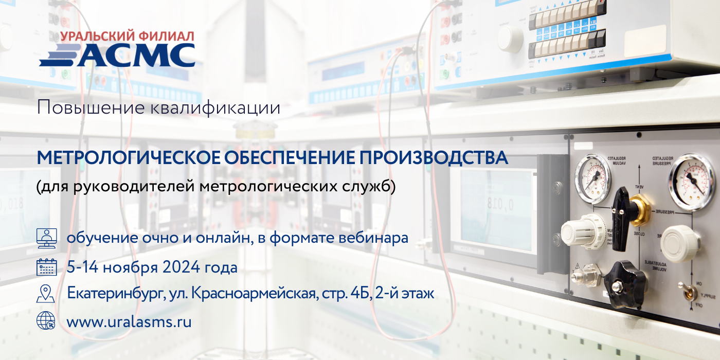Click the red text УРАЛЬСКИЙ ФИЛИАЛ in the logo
[127, 36]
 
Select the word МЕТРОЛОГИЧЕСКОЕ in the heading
[129, 157]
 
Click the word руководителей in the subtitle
[134, 186]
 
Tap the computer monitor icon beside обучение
[47, 238]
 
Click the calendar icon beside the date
[47, 267]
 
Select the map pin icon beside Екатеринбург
[46, 294]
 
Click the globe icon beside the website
[46, 321]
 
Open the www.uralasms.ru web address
[129, 322]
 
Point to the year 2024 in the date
[182, 267]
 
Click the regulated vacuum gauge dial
[592, 178]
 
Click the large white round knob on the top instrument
[510, 39]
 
